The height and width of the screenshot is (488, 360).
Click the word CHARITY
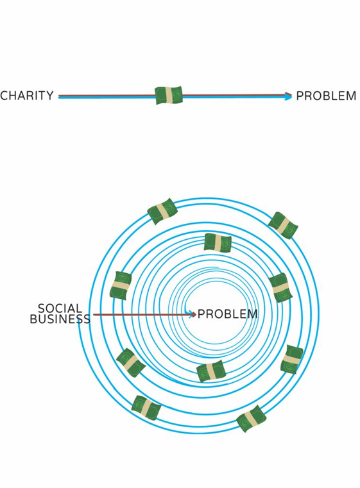pos(27,96)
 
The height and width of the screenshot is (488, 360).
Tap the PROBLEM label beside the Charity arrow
pos(326,96)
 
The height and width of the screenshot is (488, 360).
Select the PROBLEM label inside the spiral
pos(228,314)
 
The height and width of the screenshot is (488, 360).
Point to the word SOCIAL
pos(60,308)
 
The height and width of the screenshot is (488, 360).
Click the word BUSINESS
pos(60,319)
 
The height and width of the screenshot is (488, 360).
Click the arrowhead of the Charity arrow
pos(289,96)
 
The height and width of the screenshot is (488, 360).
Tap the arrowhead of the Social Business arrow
pos(193,315)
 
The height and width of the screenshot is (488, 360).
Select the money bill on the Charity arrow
pos(169,96)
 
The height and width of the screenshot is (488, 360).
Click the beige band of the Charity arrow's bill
pos(169,96)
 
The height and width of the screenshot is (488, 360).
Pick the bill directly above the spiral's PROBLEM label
pos(218,243)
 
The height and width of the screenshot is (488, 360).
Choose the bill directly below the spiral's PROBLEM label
pos(211,371)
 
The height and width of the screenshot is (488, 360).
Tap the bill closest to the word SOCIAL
pos(121,286)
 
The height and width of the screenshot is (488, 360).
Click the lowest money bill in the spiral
pos(251,419)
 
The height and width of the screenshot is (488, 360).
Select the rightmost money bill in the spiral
pos(292,360)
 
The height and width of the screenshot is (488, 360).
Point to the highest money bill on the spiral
pos(162,212)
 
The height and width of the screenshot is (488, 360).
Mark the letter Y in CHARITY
pos(49,96)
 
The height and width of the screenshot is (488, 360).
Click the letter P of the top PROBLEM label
pos(300,96)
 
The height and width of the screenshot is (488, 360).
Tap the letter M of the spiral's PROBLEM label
pos(253,314)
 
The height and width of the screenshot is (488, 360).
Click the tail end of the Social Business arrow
pos(94,315)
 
